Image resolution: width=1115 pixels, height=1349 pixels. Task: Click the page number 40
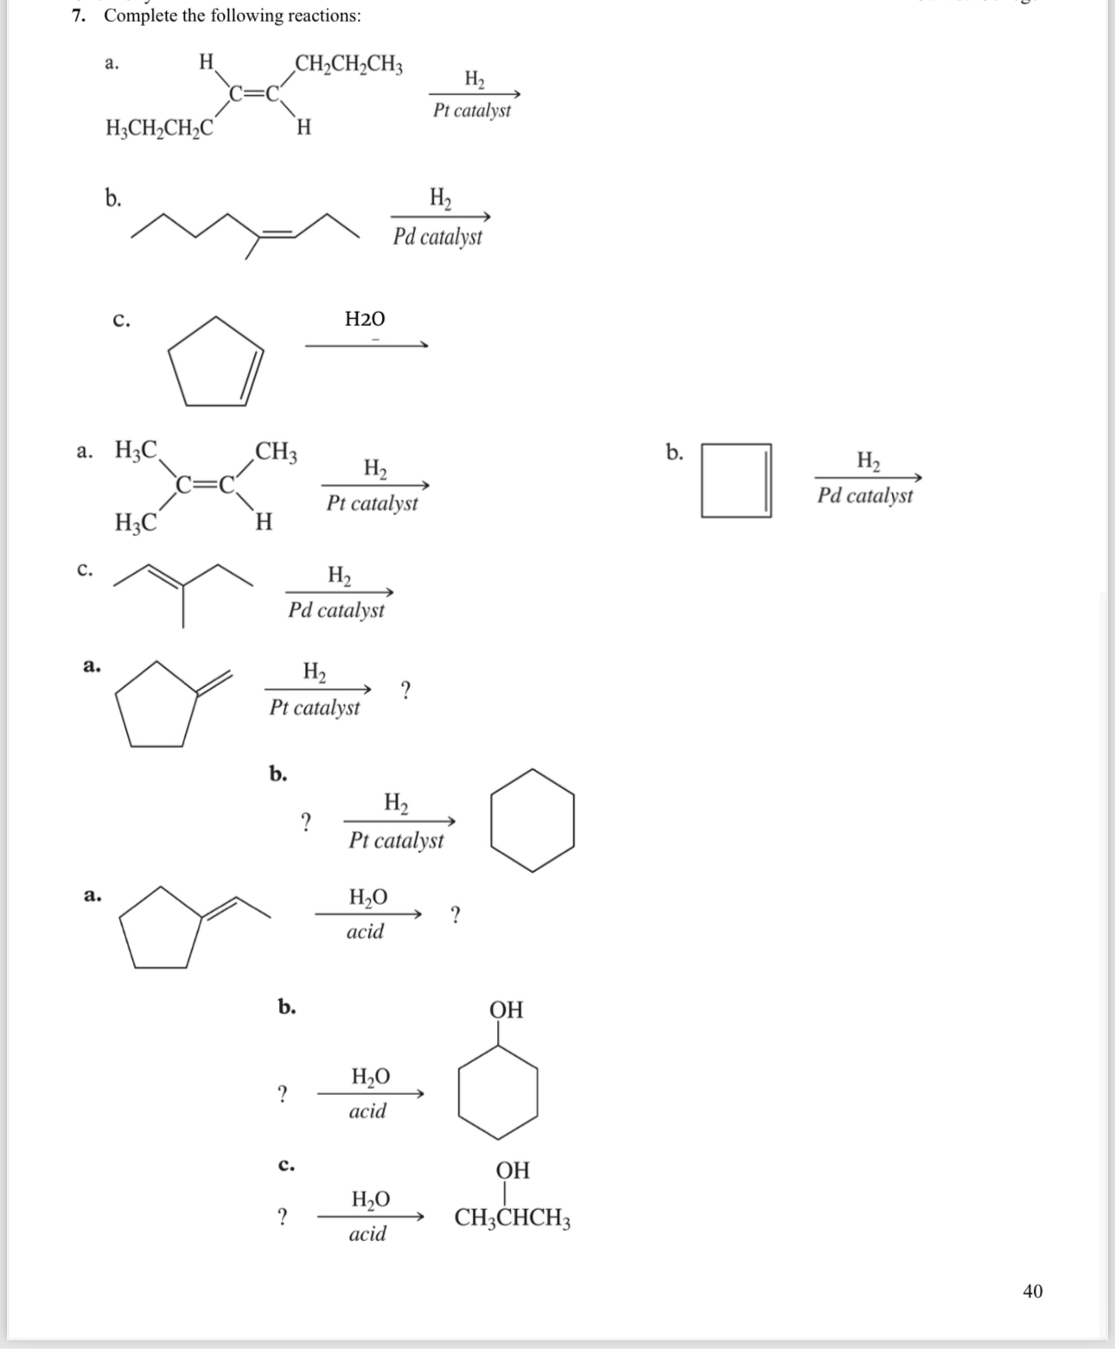coord(1032,1291)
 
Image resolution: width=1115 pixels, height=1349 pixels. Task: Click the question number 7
coord(78,16)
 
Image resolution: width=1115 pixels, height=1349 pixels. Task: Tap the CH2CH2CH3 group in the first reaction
coord(348,65)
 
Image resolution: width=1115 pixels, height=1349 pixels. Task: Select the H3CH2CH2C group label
coord(159,129)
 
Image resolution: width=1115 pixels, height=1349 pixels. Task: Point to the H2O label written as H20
coord(365,319)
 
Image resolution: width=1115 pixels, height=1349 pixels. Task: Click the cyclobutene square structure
coord(736,480)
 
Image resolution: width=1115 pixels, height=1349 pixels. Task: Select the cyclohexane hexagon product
coord(532,819)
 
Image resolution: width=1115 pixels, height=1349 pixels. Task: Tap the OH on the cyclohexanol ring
coord(507,1009)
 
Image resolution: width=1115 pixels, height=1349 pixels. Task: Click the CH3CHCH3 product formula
coord(513,1219)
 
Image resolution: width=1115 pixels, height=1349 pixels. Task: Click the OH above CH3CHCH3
coord(513,1170)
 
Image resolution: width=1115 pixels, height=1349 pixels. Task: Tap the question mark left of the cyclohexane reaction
coord(304,821)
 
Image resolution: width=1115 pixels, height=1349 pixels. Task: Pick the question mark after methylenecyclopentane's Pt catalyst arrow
coord(405,690)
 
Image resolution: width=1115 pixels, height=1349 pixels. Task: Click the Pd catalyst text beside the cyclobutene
coord(865,496)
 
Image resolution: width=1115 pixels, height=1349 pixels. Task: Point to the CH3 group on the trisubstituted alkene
coord(277,451)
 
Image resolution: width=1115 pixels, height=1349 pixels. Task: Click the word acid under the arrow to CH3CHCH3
coord(367,1234)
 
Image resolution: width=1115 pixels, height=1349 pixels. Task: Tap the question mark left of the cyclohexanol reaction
coord(281,1094)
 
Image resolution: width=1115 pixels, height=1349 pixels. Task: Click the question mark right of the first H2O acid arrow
coord(456,914)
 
